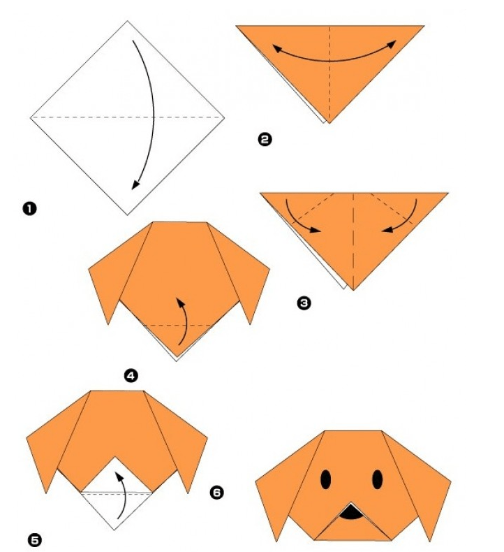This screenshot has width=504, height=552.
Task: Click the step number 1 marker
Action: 29,208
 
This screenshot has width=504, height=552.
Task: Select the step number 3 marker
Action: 303,303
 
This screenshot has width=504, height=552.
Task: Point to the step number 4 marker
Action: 131,376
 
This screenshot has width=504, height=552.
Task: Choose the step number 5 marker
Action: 34,539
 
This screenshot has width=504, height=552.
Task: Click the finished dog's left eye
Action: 326,479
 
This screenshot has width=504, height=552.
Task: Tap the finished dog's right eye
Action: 378,479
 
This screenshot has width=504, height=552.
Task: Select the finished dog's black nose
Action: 353,515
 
